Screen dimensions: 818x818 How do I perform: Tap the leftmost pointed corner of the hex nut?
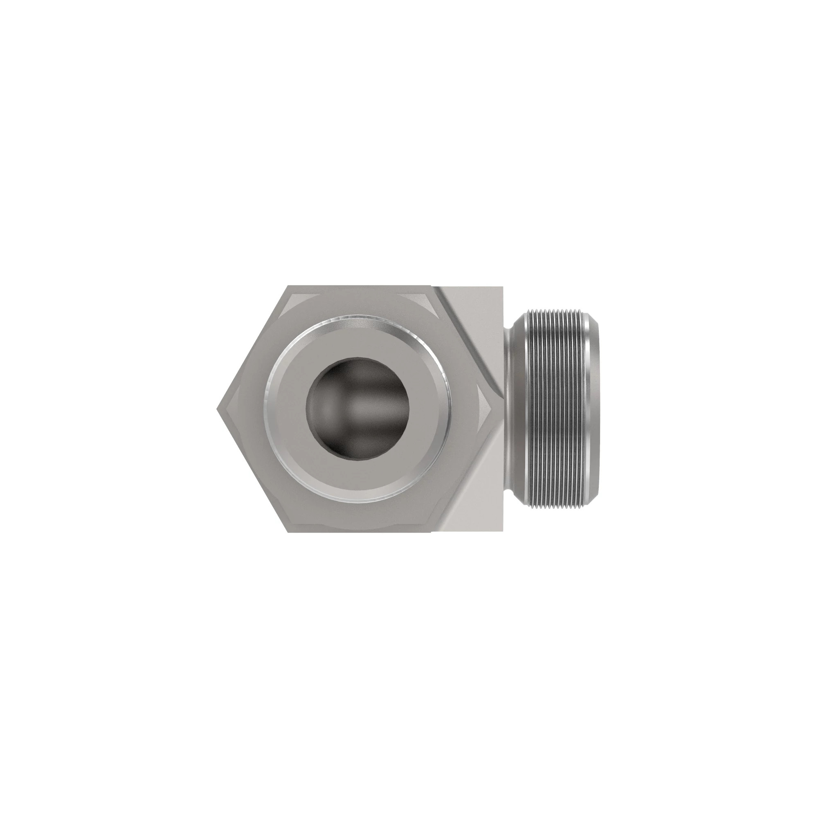(218, 409)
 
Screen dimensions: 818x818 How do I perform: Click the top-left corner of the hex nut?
(289, 286)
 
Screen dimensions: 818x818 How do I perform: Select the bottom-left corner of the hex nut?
(289, 532)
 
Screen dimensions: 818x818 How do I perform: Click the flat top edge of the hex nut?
(360, 287)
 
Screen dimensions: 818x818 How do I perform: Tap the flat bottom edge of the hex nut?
(360, 531)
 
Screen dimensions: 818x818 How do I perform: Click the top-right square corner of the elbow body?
(502, 287)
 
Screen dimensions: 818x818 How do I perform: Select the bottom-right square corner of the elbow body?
(502, 531)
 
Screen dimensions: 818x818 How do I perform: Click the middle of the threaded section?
(555, 409)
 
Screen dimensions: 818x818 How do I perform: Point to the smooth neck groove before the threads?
(513, 409)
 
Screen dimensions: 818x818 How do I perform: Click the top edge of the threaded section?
(555, 312)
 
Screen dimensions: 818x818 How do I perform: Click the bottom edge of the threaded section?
(555, 506)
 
